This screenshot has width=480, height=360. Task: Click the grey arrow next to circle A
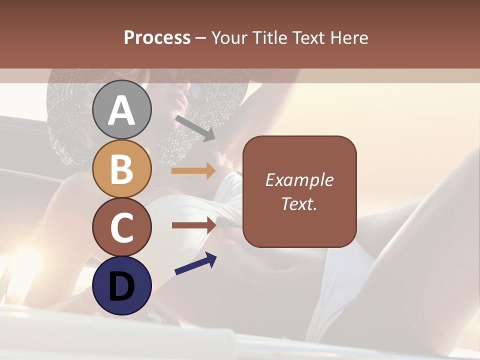(195, 128)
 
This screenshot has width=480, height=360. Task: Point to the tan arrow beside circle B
(193, 171)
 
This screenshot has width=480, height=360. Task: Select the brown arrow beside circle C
(193, 225)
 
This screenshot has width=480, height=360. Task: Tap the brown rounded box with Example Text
(299, 191)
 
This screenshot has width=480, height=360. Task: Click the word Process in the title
(157, 37)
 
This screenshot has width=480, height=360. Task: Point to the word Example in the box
(299, 180)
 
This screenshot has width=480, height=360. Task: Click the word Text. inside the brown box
(299, 204)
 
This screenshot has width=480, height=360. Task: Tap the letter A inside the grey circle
(122, 110)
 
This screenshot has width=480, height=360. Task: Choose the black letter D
(122, 286)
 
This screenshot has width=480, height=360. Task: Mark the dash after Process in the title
(201, 38)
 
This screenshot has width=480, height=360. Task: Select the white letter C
(122, 227)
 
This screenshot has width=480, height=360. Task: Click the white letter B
(122, 168)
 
